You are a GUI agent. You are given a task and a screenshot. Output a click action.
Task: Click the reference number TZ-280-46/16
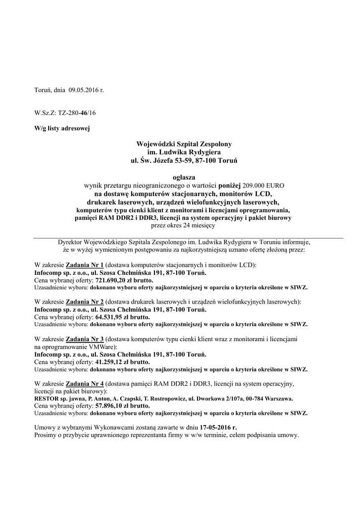coord(76,113)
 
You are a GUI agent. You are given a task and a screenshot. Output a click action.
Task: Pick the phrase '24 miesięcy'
coord(199,225)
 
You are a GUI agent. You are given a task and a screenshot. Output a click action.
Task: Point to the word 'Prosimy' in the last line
coord(47,435)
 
